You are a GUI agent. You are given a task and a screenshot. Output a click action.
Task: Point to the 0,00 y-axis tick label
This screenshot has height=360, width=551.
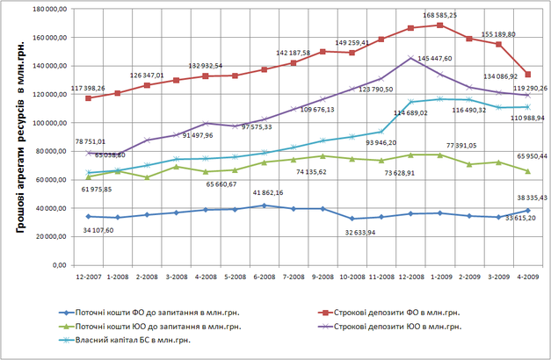pos(58,264)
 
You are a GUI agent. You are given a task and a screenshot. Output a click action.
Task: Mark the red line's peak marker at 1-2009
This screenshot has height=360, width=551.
pos(440,25)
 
